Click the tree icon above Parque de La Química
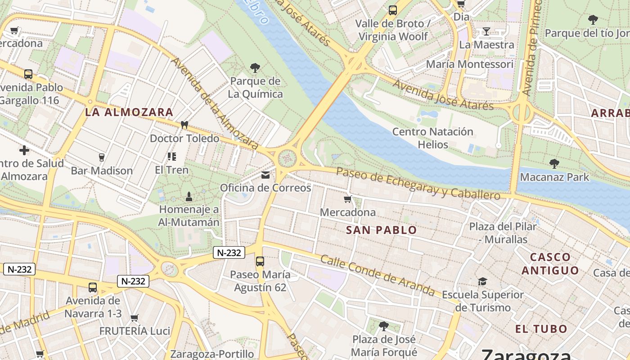click(x=255, y=68)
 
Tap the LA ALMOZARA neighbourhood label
click(x=129, y=112)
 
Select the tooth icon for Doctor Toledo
click(x=184, y=125)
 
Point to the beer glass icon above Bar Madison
click(x=101, y=157)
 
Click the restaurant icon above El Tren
click(x=171, y=156)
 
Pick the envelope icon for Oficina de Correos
click(x=265, y=175)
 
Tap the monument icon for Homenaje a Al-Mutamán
click(x=189, y=197)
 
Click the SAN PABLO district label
click(x=381, y=230)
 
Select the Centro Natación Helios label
click(x=432, y=138)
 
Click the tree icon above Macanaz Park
click(x=554, y=164)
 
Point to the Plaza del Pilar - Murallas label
click(x=503, y=233)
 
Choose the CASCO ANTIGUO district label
click(x=550, y=264)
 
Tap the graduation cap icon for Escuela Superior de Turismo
click(x=482, y=282)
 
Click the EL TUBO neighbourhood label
click(x=541, y=329)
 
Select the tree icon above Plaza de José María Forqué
click(x=383, y=325)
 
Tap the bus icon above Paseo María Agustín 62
click(x=260, y=261)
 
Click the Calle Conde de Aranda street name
click(x=378, y=276)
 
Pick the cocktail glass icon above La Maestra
click(x=486, y=31)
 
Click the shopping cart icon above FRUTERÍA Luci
click(x=134, y=318)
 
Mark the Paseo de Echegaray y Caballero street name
click(x=418, y=184)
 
